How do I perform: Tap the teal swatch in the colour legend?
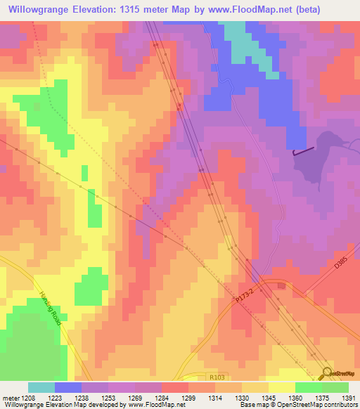click(x=41, y=387)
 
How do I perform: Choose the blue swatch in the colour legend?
click(x=68, y=387)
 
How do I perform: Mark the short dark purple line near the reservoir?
click(x=303, y=150)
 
